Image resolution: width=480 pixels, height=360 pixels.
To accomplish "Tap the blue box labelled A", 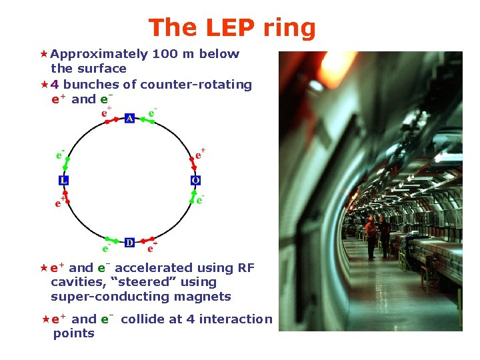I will [x=129, y=118].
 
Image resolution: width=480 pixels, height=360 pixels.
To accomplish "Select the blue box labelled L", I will [x=63, y=181].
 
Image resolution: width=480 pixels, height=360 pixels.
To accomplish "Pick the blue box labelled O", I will [x=195, y=181].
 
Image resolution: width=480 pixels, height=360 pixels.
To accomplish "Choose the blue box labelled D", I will [x=129, y=242].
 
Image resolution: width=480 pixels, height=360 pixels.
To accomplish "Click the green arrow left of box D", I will [x=112, y=240].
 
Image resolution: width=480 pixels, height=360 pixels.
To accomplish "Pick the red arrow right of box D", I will [x=147, y=240].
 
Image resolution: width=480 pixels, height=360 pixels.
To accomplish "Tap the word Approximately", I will [x=99, y=55].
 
